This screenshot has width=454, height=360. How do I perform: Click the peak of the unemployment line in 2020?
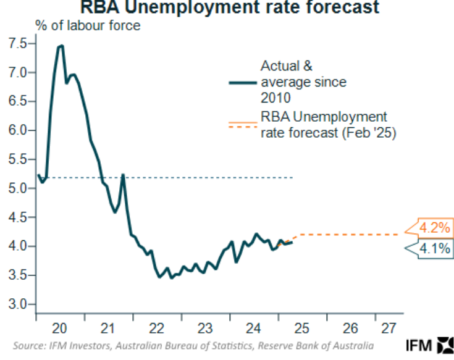click(61, 46)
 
